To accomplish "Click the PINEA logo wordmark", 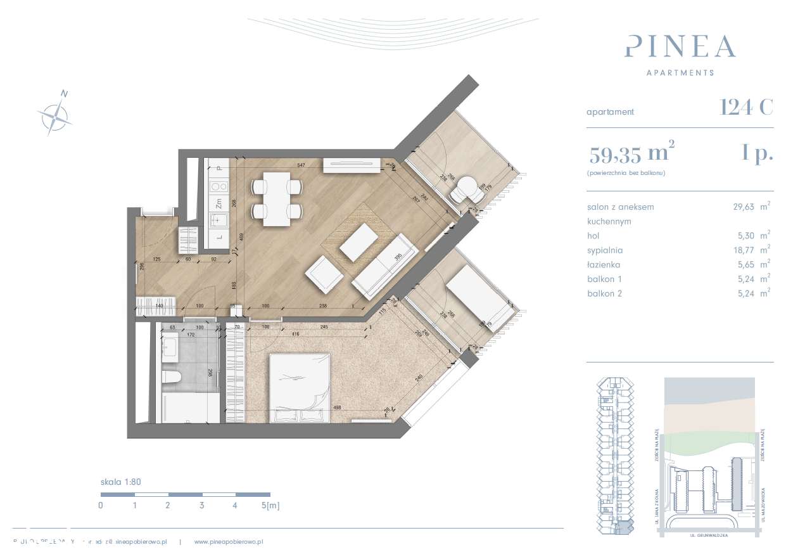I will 680,47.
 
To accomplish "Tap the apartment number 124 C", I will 746,108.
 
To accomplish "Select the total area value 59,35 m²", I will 631,153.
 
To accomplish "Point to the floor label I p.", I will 757,153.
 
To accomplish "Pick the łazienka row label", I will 604,265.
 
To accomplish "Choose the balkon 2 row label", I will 604,293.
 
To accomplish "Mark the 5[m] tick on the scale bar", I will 269,506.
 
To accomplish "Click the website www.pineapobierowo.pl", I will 228,542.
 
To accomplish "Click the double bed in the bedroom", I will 300,387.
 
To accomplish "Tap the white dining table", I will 276,199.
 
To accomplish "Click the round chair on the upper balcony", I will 468,188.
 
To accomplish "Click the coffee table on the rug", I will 358,243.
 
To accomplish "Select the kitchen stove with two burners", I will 219,186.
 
